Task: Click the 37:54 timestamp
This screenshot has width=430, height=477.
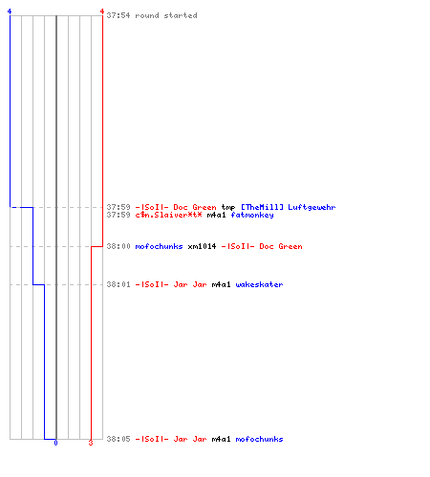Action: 118,15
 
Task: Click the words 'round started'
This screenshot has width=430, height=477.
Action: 166,15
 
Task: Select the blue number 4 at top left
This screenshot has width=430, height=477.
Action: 10,11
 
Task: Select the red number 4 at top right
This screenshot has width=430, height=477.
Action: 102,11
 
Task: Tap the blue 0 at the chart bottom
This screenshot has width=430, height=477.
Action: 55,443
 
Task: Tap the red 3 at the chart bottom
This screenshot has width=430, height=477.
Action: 91,443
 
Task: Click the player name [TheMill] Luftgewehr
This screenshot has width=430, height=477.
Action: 288,207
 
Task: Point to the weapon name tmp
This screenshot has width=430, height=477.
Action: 228,208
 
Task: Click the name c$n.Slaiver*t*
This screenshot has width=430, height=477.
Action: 168,215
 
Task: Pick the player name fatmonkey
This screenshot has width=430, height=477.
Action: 252,216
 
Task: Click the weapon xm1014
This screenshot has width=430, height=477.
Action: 202,246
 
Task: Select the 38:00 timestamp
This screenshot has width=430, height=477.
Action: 118,246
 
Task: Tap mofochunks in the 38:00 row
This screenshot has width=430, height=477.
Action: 159,246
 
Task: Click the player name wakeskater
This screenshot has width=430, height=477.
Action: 259,284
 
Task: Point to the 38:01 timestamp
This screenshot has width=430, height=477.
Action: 118,284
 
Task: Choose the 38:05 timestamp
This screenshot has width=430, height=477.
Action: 118,439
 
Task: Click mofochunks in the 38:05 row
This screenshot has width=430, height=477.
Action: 259,439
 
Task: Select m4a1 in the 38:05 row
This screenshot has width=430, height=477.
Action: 221,439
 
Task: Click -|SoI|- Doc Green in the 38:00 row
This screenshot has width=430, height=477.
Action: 262,246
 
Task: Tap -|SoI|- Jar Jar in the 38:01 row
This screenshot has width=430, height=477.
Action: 171,284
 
